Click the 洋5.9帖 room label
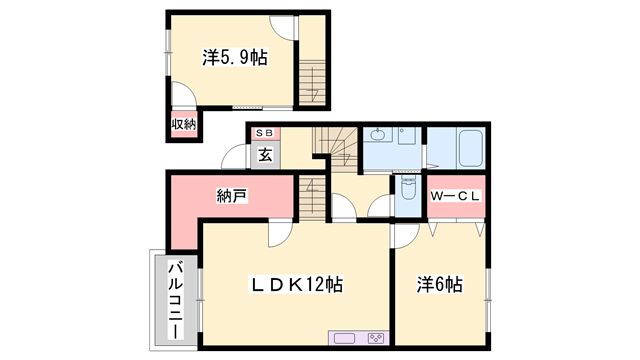click(x=234, y=59)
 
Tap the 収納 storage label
click(x=183, y=124)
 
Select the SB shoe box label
click(x=264, y=133)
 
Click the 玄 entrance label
click(x=265, y=154)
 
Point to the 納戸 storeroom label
click(x=232, y=195)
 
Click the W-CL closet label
click(x=457, y=195)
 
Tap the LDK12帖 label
click(x=296, y=285)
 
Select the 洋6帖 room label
click(x=439, y=285)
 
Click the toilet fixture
click(x=408, y=189)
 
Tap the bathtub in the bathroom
click(x=470, y=153)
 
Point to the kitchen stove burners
click(x=376, y=337)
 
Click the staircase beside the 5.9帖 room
click(x=313, y=80)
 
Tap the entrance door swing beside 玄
click(x=235, y=160)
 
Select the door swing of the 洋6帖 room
click(x=405, y=236)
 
